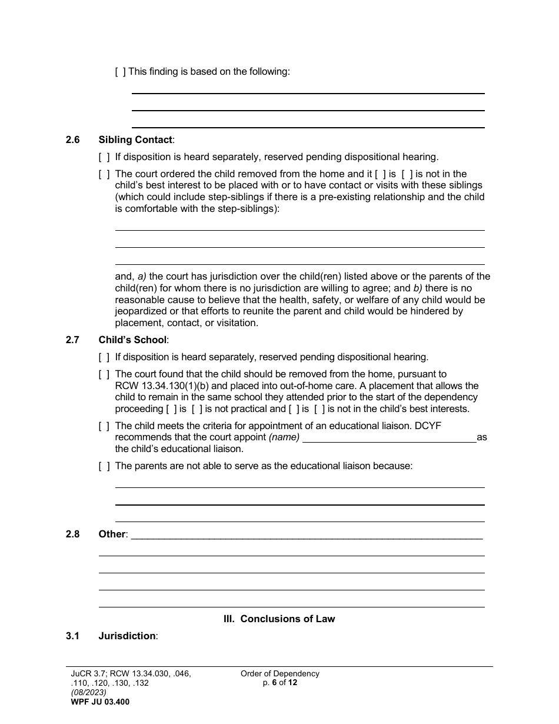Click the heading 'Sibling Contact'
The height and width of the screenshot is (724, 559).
pos(135,140)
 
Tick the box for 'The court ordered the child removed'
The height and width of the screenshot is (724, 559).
pos(104,174)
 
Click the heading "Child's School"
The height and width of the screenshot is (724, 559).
pos(132,340)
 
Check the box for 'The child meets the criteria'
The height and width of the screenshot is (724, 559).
pos(104,426)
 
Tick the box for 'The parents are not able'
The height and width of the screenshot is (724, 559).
pos(104,466)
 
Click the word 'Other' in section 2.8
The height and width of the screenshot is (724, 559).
pos(112,534)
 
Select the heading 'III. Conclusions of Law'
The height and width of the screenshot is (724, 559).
pos(279,619)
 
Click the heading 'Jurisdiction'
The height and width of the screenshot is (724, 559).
pos(127,636)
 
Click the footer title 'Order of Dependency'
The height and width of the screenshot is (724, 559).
pos(279,674)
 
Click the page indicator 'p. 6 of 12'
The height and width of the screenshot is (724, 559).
pos(280,683)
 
